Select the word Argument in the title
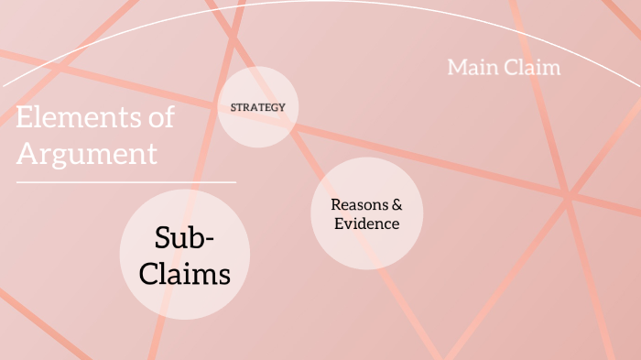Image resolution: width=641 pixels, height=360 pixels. (86, 153)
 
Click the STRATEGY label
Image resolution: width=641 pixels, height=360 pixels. (258, 107)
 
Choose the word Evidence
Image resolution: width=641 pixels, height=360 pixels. (366, 224)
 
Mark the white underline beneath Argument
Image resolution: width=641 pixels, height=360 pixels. (125, 182)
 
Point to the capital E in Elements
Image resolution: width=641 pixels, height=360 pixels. (24, 118)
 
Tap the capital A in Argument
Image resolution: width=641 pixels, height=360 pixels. (27, 153)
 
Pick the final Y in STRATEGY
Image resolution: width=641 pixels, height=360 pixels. (282, 107)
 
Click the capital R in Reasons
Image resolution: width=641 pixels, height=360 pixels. (336, 204)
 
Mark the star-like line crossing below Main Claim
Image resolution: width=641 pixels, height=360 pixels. (568, 194)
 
